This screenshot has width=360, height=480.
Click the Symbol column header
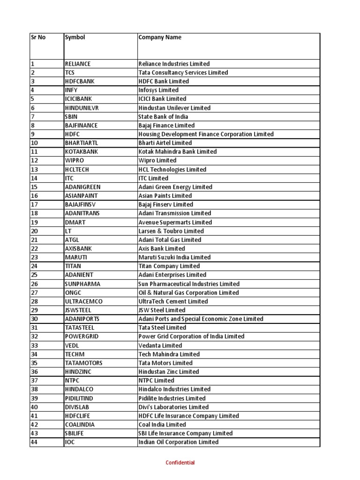click(x=75, y=37)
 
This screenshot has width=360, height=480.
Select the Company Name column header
click(x=160, y=37)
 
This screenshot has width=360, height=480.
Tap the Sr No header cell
click(x=38, y=37)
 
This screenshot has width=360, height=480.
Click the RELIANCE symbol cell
click(x=78, y=64)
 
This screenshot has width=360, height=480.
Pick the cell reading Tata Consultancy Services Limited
click(x=183, y=73)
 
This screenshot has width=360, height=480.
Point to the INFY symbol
click(x=71, y=90)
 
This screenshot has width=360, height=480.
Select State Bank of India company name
click(x=163, y=116)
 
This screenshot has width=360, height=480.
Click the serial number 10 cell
click(x=34, y=143)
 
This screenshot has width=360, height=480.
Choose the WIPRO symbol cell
click(x=74, y=160)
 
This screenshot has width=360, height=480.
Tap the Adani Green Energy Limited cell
click(x=175, y=187)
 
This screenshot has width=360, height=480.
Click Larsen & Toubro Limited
click(x=171, y=231)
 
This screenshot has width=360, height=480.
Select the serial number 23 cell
click(x=34, y=257)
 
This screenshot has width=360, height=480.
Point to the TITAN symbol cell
click(x=73, y=266)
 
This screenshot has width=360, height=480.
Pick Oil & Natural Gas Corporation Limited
click(x=188, y=292)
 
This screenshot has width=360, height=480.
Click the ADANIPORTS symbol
click(x=82, y=319)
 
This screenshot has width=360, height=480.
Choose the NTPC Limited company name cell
click(x=156, y=381)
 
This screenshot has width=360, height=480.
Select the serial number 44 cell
click(x=34, y=442)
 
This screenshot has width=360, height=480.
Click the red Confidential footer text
click(x=180, y=463)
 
